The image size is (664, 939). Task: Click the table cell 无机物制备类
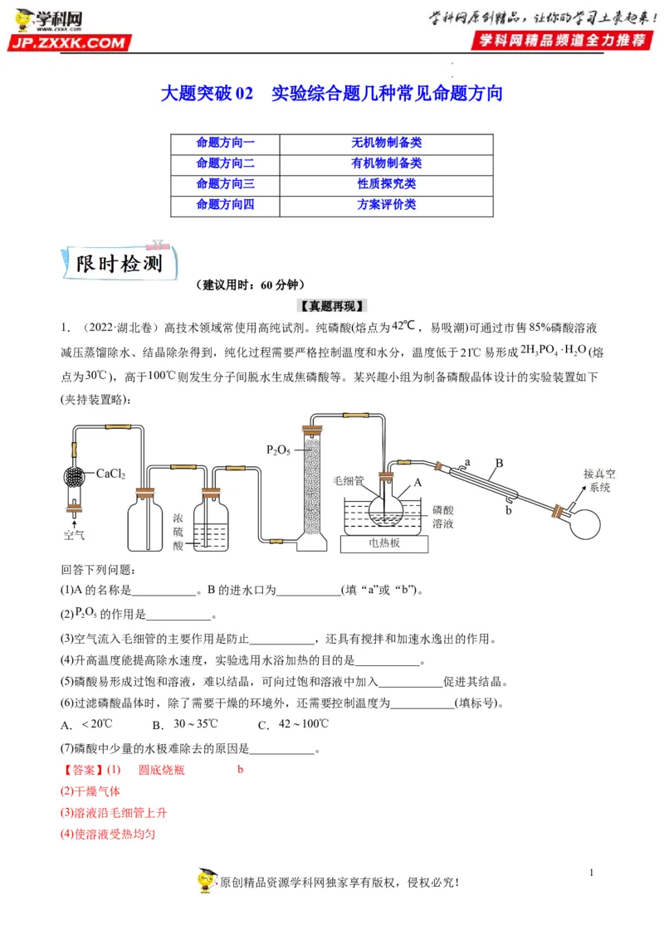coord(386,143)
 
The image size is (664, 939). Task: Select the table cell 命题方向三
coord(225,183)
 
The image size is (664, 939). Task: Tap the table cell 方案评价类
coord(386,204)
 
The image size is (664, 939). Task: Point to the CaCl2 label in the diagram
coord(110,474)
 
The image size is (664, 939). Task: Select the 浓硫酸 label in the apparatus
coord(178,531)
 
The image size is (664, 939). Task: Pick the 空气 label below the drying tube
coord(74,535)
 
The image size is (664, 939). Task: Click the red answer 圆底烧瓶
coord(162,770)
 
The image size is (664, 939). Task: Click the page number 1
coord(592,873)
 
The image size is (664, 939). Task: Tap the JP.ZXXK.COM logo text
coord(70,43)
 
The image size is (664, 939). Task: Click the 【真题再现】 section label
coord(332,305)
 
